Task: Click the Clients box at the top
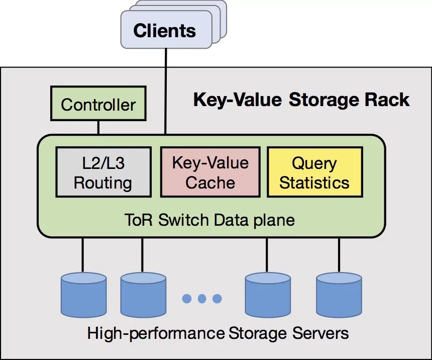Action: coord(164,31)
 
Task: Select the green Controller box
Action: coord(98,105)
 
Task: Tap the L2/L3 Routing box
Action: coord(103,172)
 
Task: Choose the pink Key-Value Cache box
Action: coord(210,172)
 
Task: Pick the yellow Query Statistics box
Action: coord(314,172)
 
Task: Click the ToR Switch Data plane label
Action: coord(209,220)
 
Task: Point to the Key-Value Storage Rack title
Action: coord(301,100)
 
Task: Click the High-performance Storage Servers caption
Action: coord(218,333)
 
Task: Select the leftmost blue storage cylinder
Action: coord(83,293)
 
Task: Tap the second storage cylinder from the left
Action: coord(143,293)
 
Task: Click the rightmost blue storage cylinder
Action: coord(339,293)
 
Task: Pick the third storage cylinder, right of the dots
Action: coord(267,293)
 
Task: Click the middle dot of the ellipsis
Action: coord(202,299)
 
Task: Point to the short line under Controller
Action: coord(98,127)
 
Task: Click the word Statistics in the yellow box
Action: coord(314,182)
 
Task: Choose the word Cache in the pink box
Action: coord(210,182)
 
